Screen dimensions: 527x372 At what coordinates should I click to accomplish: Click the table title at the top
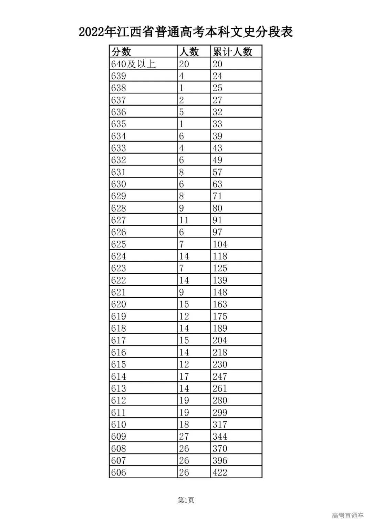tap(186, 32)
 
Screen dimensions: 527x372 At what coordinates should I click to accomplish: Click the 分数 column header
tap(121, 52)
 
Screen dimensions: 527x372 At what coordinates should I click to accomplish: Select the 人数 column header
tap(189, 52)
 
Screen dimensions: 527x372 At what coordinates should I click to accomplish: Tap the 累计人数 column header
tap(232, 52)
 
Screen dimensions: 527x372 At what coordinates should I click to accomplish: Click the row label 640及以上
tap(133, 64)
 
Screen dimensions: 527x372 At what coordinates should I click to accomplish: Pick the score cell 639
tap(118, 76)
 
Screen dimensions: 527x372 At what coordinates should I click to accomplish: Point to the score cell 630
tap(118, 184)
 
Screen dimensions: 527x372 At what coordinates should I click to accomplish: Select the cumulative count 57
tap(217, 172)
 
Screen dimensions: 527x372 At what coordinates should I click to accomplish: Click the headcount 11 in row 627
tap(184, 220)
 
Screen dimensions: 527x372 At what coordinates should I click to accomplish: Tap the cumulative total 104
tap(220, 244)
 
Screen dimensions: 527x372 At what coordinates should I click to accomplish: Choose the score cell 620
tap(118, 304)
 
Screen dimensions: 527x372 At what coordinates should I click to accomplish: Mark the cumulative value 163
tap(220, 304)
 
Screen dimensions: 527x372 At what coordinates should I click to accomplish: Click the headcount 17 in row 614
tap(184, 376)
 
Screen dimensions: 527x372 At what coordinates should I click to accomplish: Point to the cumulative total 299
tap(220, 412)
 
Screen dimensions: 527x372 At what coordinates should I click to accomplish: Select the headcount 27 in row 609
tap(184, 436)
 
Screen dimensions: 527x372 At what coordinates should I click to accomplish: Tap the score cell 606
tap(118, 472)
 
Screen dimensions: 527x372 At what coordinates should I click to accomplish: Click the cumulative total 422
tap(220, 472)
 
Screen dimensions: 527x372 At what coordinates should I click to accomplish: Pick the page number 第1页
tap(186, 500)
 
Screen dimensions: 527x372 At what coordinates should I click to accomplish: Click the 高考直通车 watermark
tap(348, 516)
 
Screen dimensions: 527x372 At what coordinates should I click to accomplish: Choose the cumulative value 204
tap(220, 340)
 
